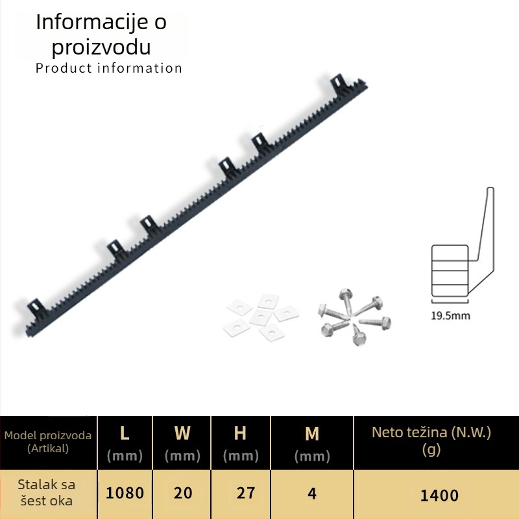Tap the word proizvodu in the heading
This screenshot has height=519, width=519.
101,47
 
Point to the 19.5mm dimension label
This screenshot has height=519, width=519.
450,315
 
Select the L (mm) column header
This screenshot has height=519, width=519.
125,443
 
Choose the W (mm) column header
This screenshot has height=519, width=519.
182,443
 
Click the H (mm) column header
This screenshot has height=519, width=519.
241,443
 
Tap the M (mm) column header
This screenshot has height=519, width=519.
312,444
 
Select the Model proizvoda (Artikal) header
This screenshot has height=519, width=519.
47,442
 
